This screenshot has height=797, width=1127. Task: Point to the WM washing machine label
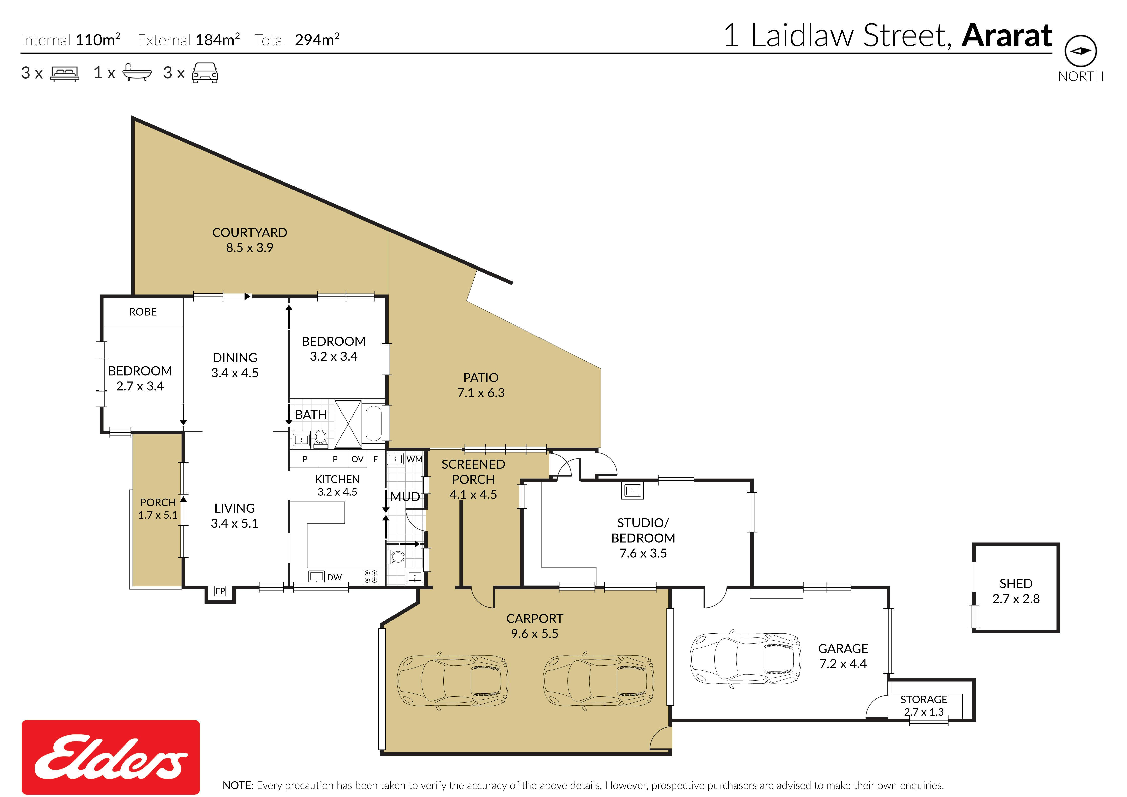click(x=414, y=459)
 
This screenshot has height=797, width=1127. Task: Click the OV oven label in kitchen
click(x=357, y=459)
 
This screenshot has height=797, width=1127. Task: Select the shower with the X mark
click(x=348, y=423)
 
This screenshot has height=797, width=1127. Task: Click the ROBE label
click(x=143, y=312)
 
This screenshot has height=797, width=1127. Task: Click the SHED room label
click(x=1016, y=583)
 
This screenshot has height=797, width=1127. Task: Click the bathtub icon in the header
click(x=136, y=72)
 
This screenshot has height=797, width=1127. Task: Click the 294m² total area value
click(x=317, y=40)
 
